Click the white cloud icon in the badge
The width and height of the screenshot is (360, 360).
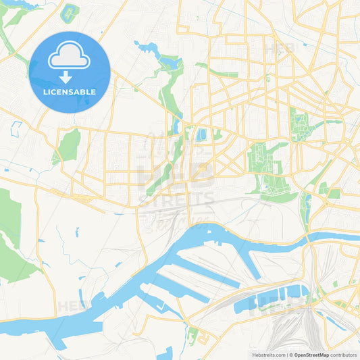coord(70,57)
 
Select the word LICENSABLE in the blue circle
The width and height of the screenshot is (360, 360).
coord(70,92)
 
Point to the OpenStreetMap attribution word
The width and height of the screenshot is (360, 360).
coord(311,354)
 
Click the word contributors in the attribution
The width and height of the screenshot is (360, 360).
coord(344,354)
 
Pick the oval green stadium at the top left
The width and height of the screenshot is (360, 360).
coord(69,12)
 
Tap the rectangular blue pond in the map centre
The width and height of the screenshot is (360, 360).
coord(201,134)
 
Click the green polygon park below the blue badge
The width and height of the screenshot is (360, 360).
coord(68,145)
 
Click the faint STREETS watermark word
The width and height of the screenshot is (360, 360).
coord(177,199)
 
